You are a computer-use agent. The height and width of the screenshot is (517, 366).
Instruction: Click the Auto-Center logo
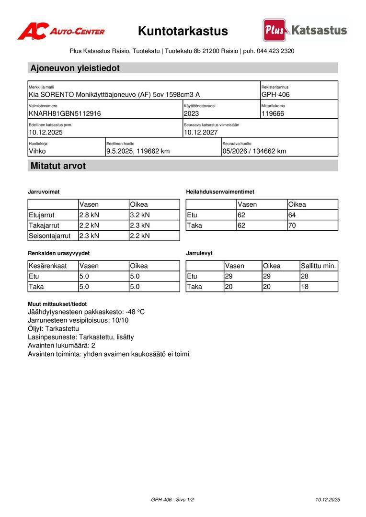click(61, 32)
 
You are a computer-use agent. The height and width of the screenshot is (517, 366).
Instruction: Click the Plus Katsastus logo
click(305, 30)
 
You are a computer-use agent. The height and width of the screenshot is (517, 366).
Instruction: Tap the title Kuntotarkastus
click(183, 31)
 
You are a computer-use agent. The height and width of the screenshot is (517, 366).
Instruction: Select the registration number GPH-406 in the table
click(275, 95)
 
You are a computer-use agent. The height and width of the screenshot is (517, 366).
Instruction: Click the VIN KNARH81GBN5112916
click(65, 113)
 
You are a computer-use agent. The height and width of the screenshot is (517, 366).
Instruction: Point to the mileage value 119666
click(273, 113)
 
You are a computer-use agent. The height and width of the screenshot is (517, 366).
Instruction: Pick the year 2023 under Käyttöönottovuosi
click(191, 113)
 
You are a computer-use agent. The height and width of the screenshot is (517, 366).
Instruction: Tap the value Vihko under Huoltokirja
click(37, 151)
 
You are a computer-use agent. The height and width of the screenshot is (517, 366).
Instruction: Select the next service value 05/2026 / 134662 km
click(254, 151)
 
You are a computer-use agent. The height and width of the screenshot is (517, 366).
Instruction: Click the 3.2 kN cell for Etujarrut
click(140, 215)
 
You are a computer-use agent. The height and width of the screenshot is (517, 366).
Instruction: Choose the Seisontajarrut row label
click(50, 236)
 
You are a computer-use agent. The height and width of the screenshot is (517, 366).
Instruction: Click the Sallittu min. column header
click(319, 266)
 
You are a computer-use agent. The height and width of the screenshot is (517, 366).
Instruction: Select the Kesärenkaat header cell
click(48, 266)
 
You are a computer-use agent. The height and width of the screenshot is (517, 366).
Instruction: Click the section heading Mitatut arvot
click(58, 166)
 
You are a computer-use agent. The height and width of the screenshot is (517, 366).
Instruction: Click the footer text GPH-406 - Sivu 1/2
click(172, 499)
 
